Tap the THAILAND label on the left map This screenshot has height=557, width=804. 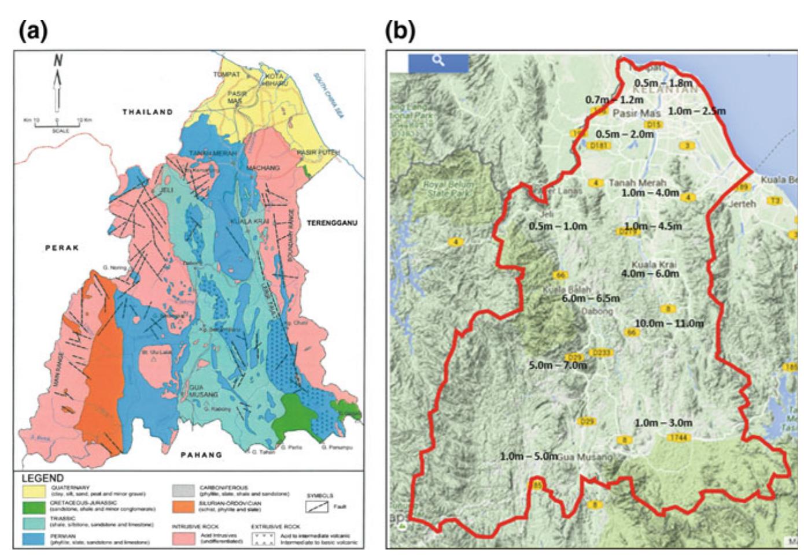147,112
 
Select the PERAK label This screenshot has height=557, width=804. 62,248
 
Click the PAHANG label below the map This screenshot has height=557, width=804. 201,455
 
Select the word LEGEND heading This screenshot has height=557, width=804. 43,478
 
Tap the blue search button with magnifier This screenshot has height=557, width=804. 438,61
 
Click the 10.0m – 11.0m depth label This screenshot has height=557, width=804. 669,323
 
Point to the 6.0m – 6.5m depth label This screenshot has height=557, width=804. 591,298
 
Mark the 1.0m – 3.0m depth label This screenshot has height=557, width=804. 663,423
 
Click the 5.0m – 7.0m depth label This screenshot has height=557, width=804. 558,365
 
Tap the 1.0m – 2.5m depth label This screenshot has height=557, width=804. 696,110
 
